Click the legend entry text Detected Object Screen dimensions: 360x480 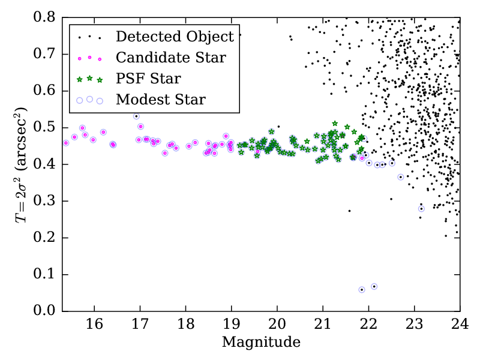tap(175, 37)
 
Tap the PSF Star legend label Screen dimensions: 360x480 tap(149, 79)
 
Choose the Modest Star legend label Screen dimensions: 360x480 tap(161, 100)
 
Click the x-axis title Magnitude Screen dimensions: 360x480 tap(261, 343)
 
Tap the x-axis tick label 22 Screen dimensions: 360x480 tap(368, 325)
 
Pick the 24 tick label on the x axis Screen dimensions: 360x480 tap(459, 325)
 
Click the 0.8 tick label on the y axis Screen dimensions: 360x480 tap(46, 17)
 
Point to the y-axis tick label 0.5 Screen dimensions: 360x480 tap(46, 128)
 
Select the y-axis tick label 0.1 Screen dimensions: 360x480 tap(46, 275)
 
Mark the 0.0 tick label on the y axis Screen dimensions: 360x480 tap(46, 311)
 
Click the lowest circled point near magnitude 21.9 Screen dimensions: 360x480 tap(362, 290)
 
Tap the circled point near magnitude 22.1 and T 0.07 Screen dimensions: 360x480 tap(374, 287)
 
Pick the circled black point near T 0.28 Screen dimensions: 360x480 tap(421, 209)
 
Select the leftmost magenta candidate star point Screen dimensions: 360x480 tap(66, 143)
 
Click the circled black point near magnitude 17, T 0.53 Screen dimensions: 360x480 tap(136, 116)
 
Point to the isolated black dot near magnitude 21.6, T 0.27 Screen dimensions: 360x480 tap(349, 211)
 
